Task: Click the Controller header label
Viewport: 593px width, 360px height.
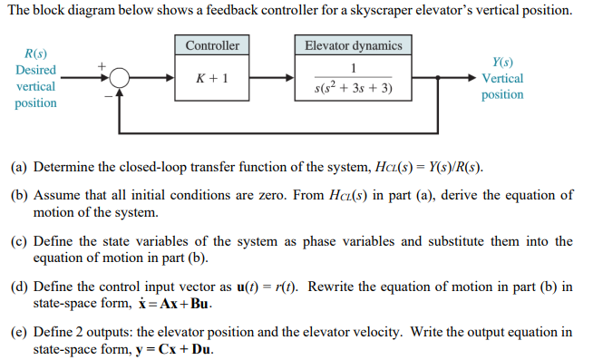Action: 212,45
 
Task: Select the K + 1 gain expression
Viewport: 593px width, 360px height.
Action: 212,79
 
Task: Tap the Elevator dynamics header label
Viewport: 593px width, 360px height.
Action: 354,45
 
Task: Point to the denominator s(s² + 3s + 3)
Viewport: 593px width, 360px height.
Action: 354,89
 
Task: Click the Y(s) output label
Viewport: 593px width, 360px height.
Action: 501,63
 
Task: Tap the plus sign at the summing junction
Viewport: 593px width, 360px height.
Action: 103,66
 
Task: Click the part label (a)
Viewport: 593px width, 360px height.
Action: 19,168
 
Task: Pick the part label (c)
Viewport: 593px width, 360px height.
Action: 19,240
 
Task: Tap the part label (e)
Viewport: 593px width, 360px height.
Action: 19,331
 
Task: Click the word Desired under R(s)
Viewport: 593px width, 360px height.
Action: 35,70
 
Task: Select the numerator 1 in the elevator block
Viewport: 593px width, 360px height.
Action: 354,70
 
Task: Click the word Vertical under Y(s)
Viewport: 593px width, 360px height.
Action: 502,79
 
